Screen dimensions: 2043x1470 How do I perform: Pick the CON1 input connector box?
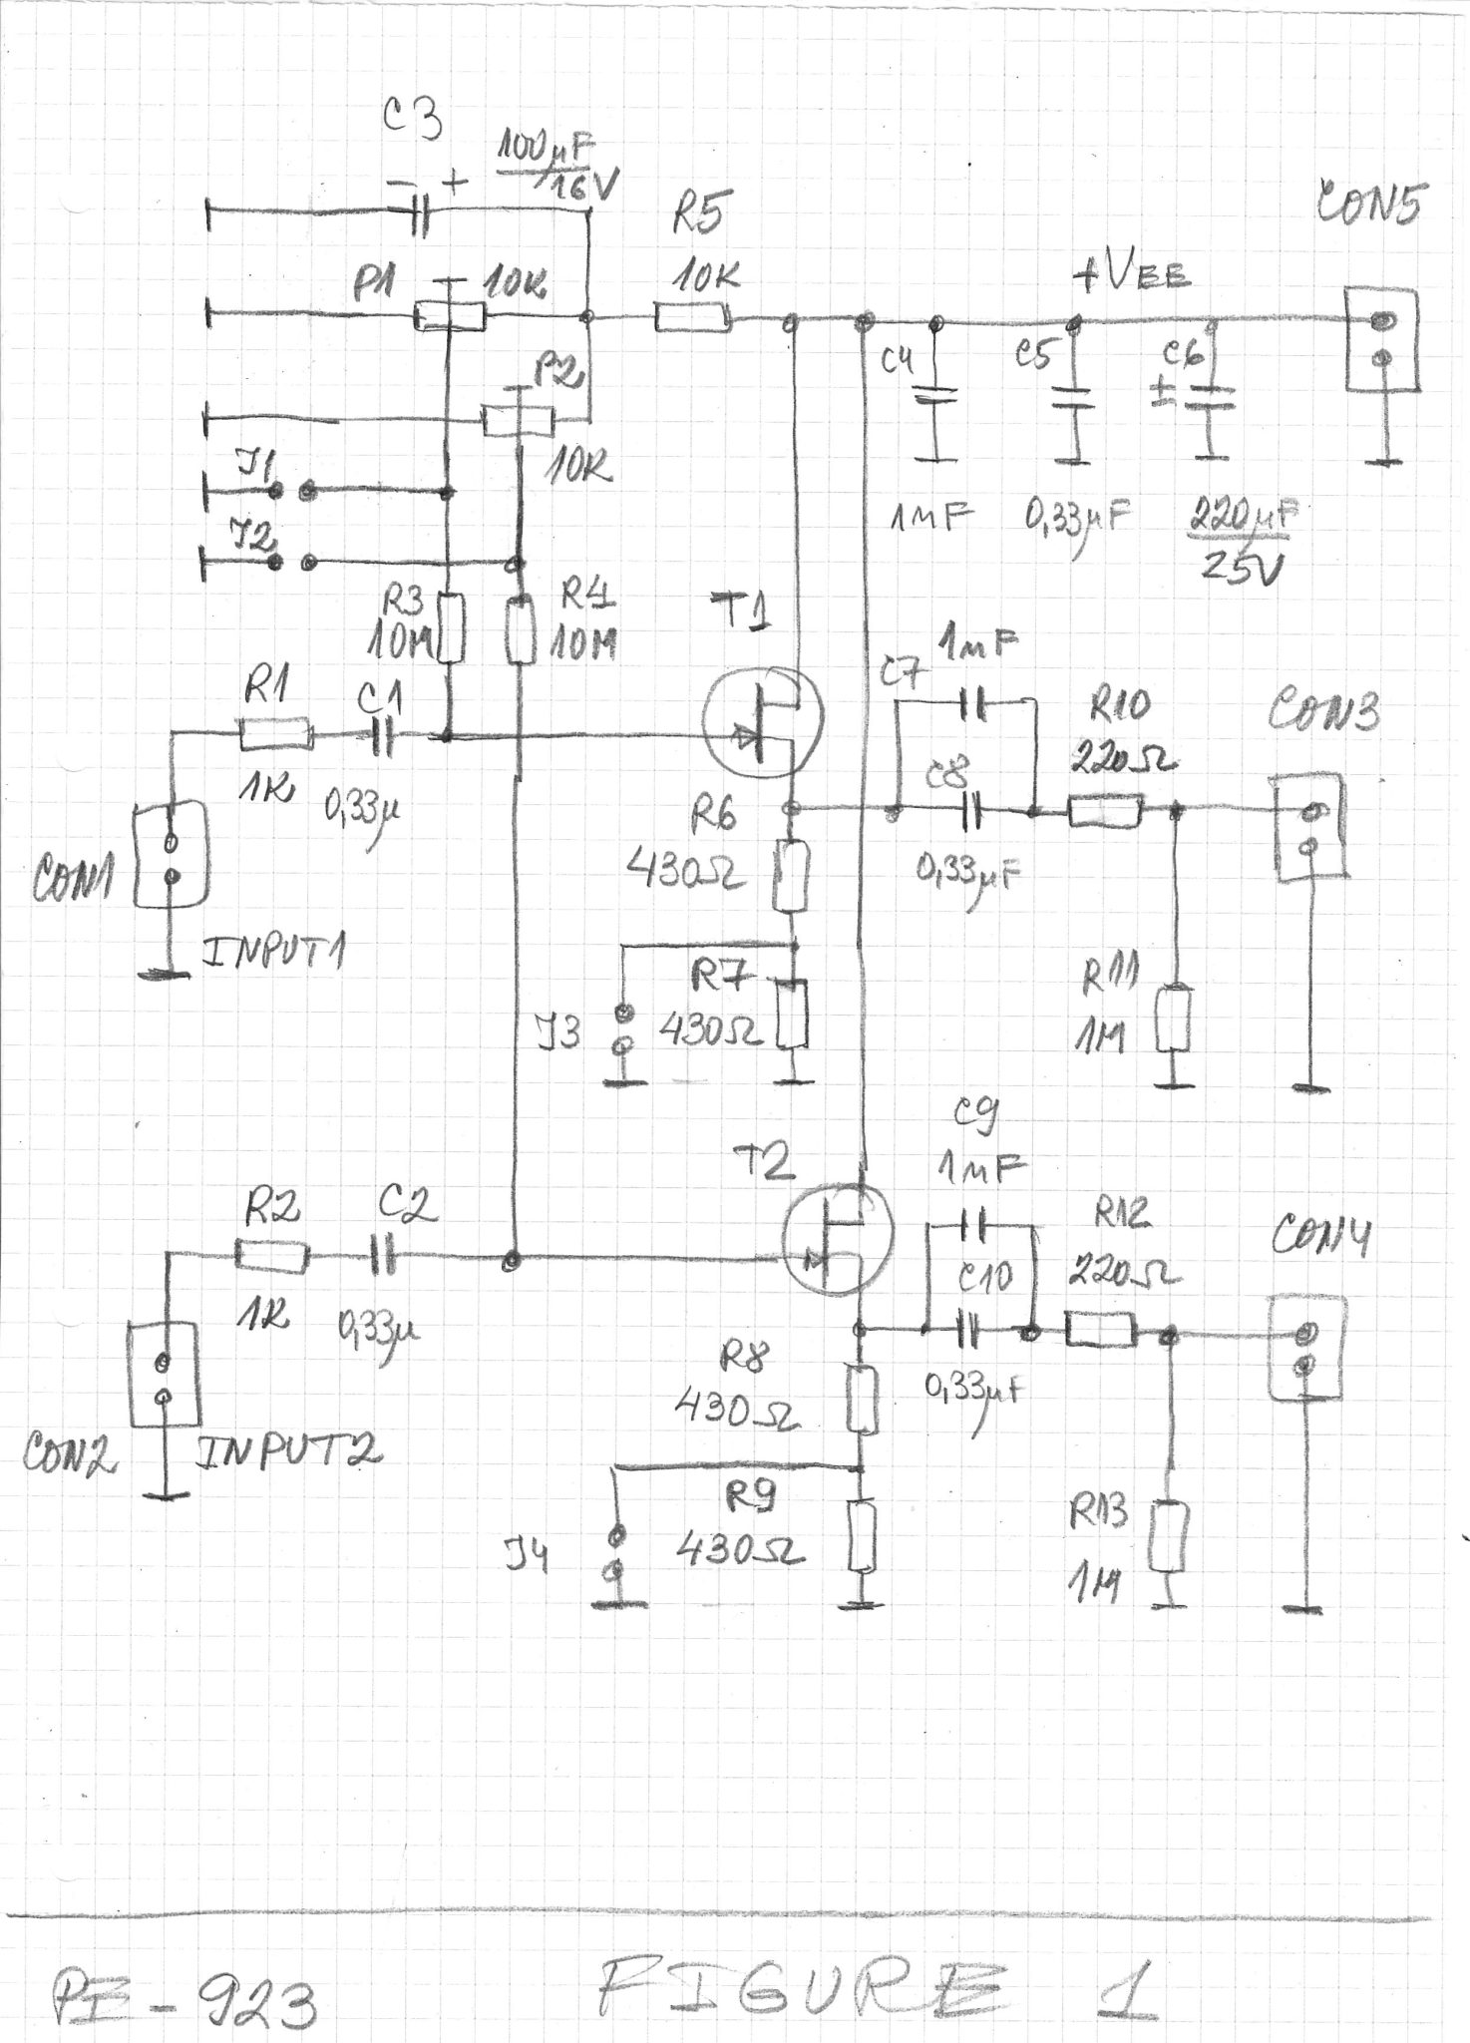172,859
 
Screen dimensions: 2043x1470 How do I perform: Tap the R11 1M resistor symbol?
1174,1020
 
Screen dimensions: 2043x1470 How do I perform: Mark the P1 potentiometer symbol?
450,317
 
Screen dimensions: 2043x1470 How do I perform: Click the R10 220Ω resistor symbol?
1105,810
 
